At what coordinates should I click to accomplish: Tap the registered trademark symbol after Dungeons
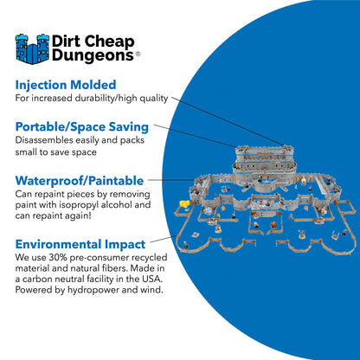pos(138,54)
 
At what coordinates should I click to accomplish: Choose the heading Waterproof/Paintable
pos(78,180)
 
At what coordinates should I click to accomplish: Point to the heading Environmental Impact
pos(80,245)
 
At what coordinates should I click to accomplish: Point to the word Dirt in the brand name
pos(72,39)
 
